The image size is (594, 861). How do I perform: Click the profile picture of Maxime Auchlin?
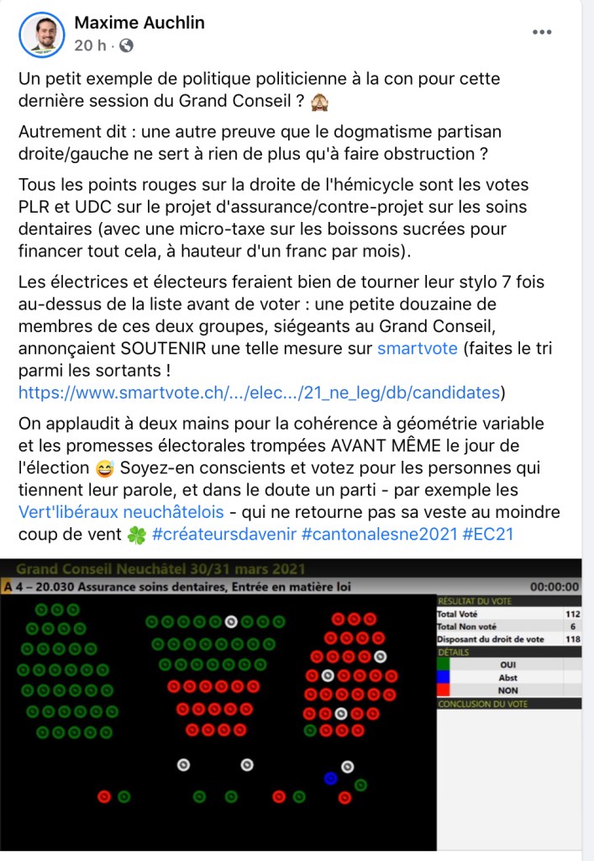click(41, 34)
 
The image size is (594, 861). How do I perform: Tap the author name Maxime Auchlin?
click(139, 23)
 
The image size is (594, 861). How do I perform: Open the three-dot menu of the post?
click(542, 33)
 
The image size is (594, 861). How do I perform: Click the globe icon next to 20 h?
click(127, 45)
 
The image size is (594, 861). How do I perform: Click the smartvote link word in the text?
click(418, 346)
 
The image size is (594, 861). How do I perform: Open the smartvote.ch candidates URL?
click(260, 391)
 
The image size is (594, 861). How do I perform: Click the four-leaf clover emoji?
click(136, 534)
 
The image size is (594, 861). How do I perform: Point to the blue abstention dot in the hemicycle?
click(330, 778)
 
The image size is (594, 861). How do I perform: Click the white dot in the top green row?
click(231, 622)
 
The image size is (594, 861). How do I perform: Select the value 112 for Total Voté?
click(572, 614)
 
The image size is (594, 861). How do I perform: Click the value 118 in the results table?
click(572, 639)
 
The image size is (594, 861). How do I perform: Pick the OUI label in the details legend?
click(507, 664)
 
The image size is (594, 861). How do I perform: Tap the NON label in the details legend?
click(507, 689)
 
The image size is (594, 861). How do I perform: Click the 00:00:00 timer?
click(555, 586)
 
